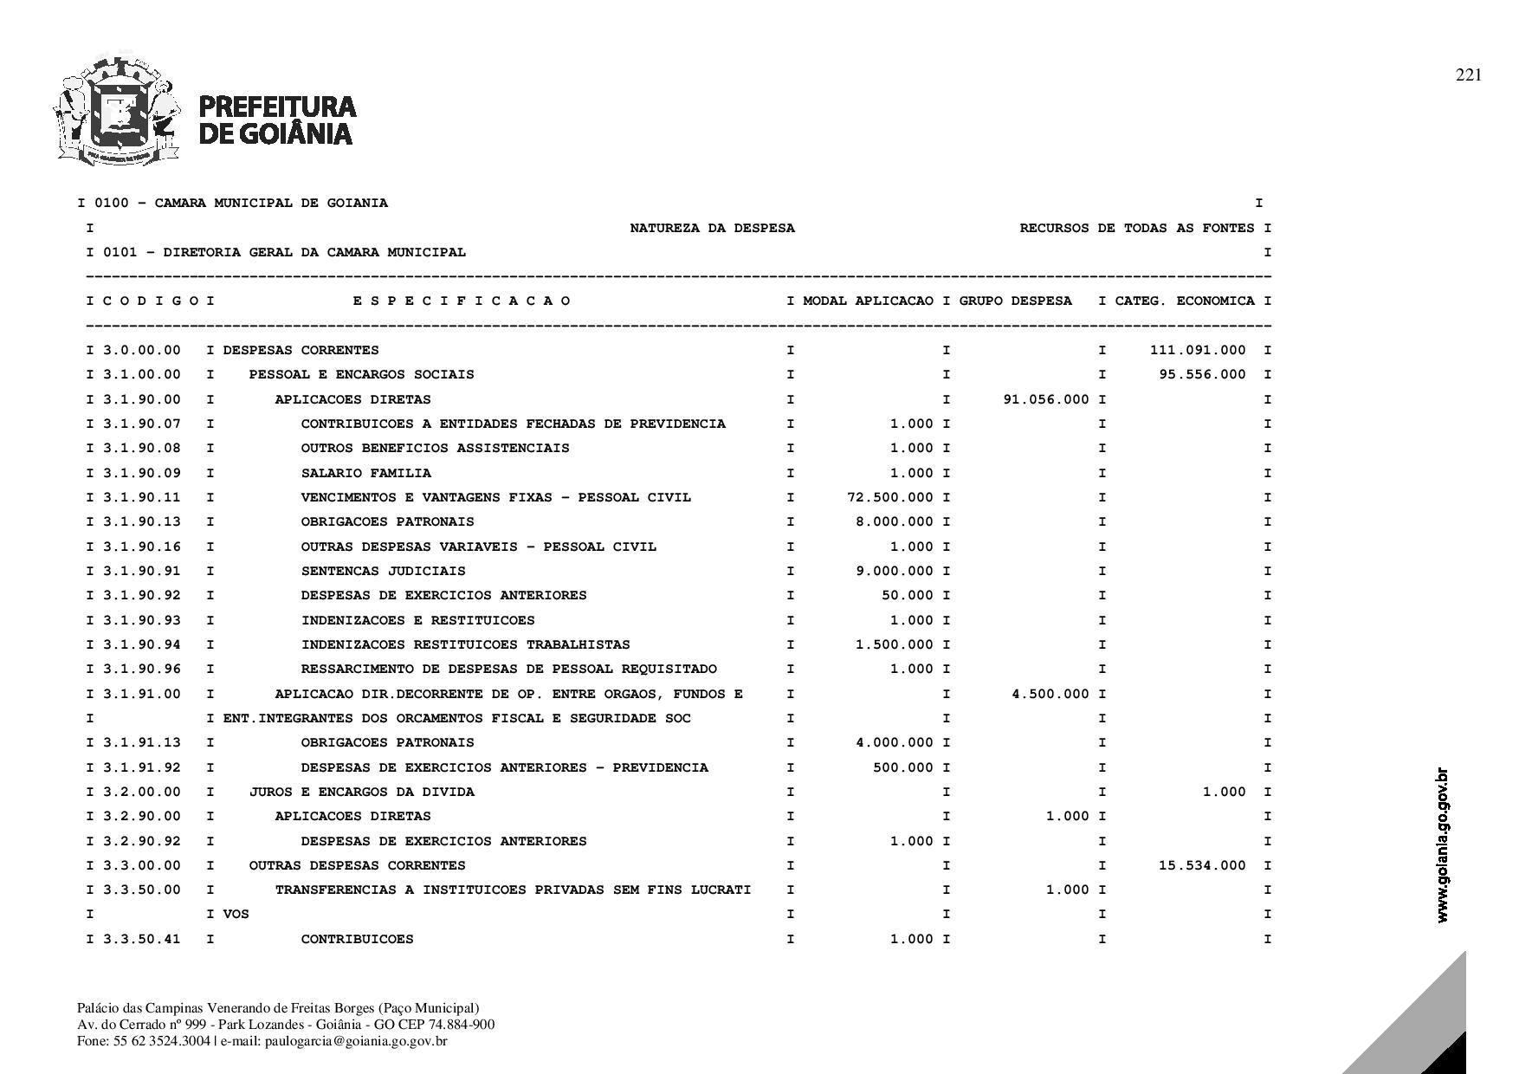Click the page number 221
coord(1468,75)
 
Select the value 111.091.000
coord(1198,350)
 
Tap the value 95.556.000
coord(1202,374)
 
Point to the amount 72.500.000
coord(890,497)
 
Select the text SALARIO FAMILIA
coord(365,473)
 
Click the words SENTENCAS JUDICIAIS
coord(383,571)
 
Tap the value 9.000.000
coord(895,571)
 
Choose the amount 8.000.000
coord(895,521)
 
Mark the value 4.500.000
coord(1050,694)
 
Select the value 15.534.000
coord(1202,865)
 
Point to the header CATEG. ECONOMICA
coord(1184,301)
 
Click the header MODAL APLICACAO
coord(868,301)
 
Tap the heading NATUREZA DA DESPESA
coord(712,228)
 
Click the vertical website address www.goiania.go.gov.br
coord(1442,845)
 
